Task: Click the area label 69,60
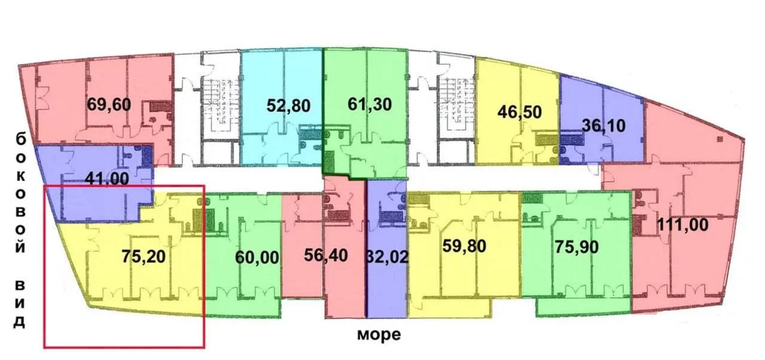pyautogui.click(x=109, y=104)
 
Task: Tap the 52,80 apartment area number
pyautogui.click(x=288, y=105)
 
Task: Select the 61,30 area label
pyautogui.click(x=369, y=104)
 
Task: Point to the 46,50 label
pyautogui.click(x=519, y=112)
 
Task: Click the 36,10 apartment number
pyautogui.click(x=604, y=126)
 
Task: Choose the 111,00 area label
pyautogui.click(x=683, y=225)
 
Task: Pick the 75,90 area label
pyautogui.click(x=577, y=246)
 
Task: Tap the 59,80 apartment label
pyautogui.click(x=464, y=246)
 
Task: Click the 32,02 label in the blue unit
pyautogui.click(x=387, y=257)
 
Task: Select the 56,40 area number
pyautogui.click(x=326, y=255)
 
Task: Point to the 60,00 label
pyautogui.click(x=257, y=257)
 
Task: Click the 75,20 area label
pyautogui.click(x=143, y=256)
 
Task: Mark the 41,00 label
pyautogui.click(x=107, y=178)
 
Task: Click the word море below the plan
pyautogui.click(x=379, y=334)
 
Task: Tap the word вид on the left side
pyautogui.click(x=20, y=303)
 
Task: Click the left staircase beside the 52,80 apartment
pyautogui.click(x=220, y=105)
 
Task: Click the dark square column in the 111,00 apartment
pyautogui.click(x=720, y=139)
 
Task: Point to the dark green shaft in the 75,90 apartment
pyautogui.click(x=532, y=198)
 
